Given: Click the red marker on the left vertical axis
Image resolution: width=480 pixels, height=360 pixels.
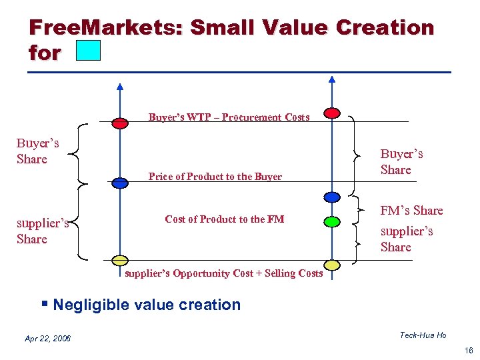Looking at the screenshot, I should (x=120, y=123).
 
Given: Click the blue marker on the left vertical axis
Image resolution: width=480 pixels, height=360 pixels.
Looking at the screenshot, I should (x=120, y=183).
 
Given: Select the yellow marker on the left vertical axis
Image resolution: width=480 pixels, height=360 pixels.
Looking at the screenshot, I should (x=120, y=260).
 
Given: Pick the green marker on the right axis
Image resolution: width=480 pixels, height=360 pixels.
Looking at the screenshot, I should (x=331, y=221).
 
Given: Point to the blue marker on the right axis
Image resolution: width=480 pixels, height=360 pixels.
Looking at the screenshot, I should (x=331, y=197).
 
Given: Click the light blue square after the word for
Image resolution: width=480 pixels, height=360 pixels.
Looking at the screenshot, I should (x=88, y=51).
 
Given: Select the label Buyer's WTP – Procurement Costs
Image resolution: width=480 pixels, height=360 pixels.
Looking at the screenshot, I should (x=229, y=117).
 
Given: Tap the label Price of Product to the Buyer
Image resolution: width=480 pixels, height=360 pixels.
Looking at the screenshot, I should (x=215, y=177).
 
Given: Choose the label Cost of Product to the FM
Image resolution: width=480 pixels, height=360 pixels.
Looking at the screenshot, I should (x=224, y=219).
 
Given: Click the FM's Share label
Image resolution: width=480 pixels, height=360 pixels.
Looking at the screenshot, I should (x=411, y=211).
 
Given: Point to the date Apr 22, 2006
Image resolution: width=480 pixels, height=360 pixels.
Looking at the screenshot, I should (x=47, y=339).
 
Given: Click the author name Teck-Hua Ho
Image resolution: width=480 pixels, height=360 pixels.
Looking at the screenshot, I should (x=423, y=335).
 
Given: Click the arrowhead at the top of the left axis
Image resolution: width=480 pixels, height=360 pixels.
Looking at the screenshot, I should (x=120, y=86).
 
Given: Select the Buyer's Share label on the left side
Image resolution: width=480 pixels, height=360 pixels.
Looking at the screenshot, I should (x=37, y=151).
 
